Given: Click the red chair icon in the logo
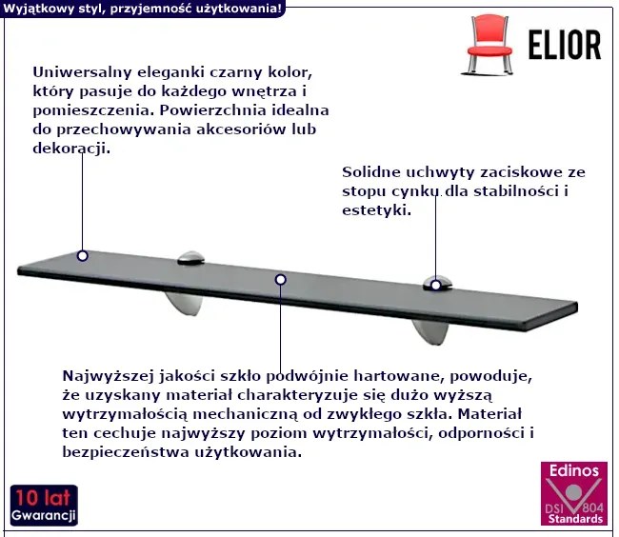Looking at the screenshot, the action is tap(489, 45).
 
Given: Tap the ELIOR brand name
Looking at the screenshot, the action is tap(565, 45).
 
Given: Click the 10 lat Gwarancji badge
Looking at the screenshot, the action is tap(44, 506).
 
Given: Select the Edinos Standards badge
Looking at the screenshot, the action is tap(574, 493).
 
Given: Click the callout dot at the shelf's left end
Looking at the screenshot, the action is tap(83, 256).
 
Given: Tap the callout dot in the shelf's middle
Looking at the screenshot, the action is tap(281, 280).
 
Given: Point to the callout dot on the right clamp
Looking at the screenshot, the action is tap(435, 285).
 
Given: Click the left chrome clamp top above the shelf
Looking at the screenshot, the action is tap(190, 258).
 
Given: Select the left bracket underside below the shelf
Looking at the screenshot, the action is tap(185, 304).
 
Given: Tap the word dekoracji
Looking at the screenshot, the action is tap(71, 149).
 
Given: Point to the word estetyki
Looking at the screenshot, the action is tap(376, 210).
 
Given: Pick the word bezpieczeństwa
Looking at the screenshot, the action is tap(126, 452).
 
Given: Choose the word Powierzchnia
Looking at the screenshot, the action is tap(212, 110).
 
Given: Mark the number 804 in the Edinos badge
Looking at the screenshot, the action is tap(592, 507).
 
